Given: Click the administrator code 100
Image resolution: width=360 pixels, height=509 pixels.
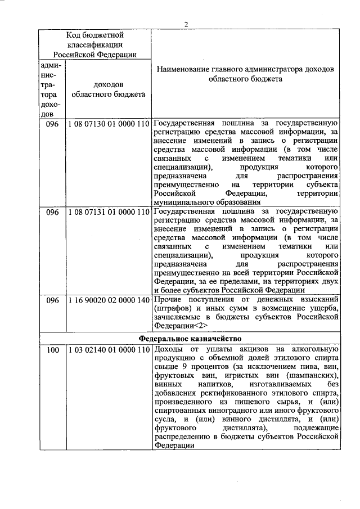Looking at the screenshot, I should (x=53, y=350).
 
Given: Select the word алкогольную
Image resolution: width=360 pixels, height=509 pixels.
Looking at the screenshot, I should (x=312, y=350).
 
